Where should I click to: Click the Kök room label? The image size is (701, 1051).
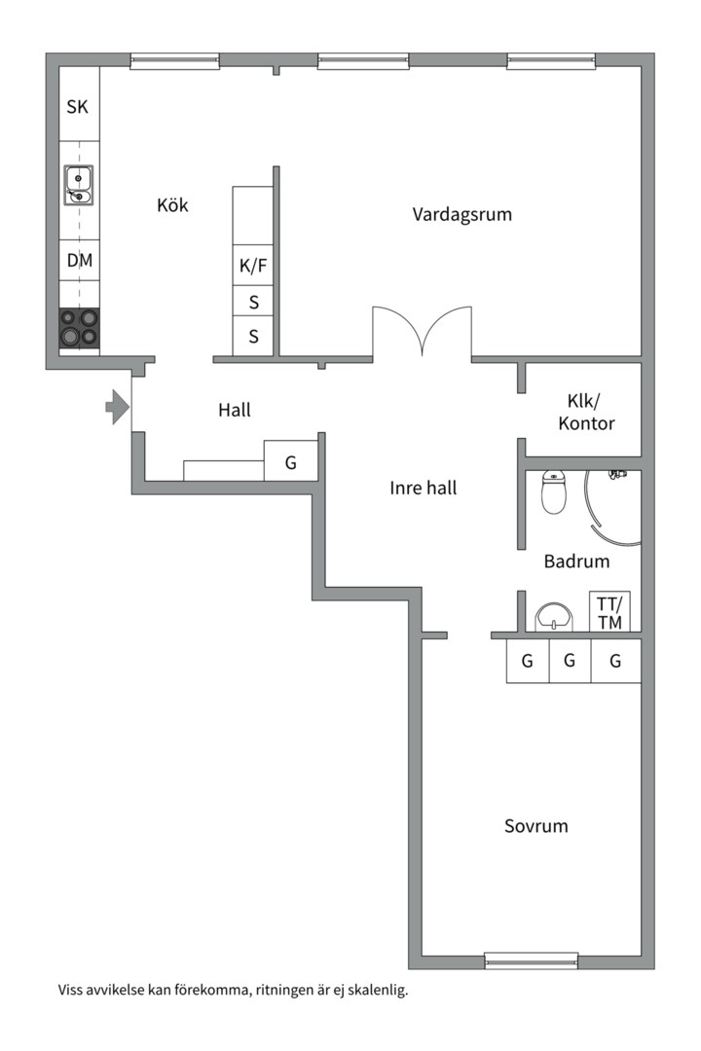tap(172, 205)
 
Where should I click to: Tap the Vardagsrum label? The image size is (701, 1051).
tap(461, 214)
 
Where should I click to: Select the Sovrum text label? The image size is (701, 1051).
tap(535, 826)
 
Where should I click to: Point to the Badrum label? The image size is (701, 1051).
tap(576, 561)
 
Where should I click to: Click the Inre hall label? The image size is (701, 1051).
tap(424, 489)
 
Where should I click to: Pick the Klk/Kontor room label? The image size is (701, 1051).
tap(587, 413)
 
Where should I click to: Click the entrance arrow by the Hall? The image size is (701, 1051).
tap(117, 406)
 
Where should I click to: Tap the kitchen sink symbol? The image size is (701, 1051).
tap(78, 185)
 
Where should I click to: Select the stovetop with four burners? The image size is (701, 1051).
tap(79, 328)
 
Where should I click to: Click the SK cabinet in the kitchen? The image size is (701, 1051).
tap(78, 107)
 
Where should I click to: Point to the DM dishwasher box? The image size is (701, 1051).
tap(79, 261)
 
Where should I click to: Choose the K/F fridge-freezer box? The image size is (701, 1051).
tap(253, 265)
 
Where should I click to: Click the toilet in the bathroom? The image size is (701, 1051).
tap(553, 493)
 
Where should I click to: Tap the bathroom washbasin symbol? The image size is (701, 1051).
tap(555, 617)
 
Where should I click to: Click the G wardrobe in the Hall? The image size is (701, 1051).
tap(290, 461)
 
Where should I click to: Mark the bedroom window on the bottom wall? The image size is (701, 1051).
tap(532, 960)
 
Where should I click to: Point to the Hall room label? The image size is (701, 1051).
tap(234, 411)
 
